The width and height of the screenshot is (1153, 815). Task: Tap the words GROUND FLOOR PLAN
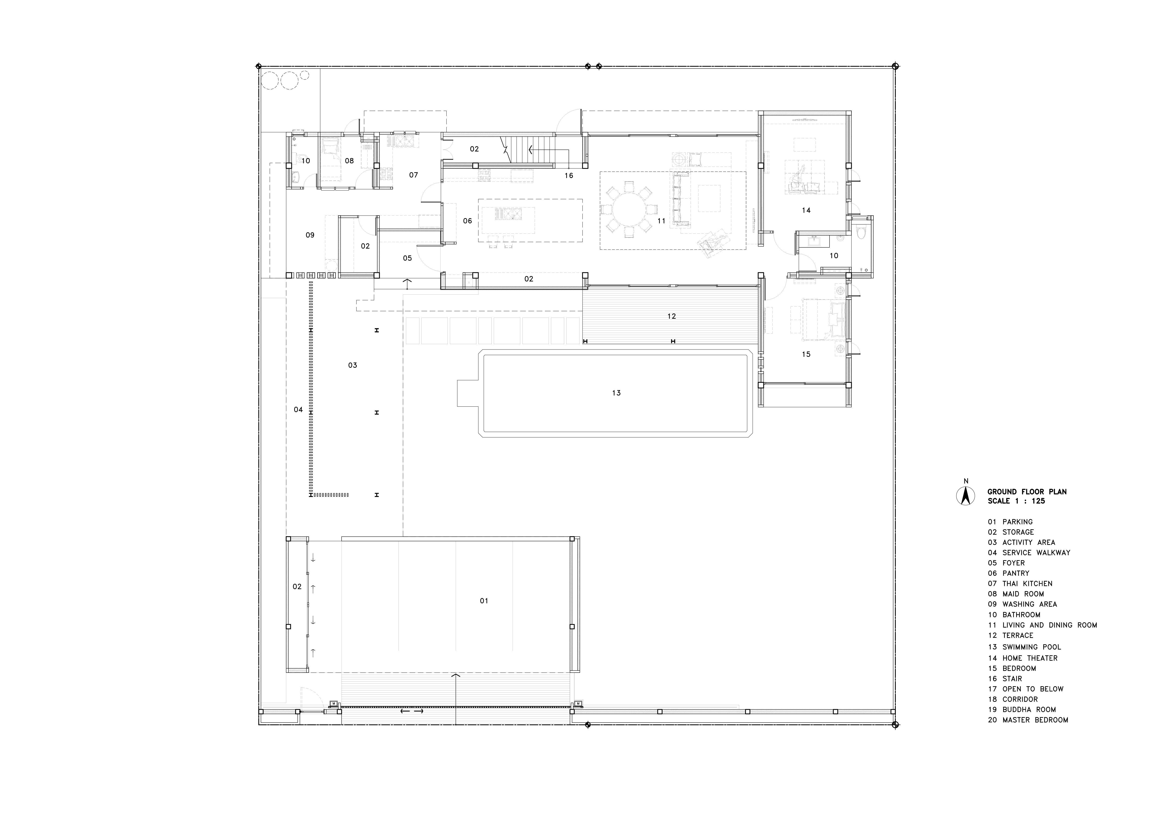pos(1027,492)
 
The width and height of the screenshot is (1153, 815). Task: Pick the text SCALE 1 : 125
pos(1016,501)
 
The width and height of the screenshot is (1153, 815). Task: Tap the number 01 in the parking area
pos(484,601)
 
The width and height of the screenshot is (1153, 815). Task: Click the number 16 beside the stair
pos(568,175)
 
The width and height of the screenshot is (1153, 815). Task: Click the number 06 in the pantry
pos(468,220)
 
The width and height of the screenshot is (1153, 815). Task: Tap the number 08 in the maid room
pos(349,161)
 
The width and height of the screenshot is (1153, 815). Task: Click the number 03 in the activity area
pos(352,365)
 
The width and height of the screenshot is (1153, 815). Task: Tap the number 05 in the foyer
pos(407,258)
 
